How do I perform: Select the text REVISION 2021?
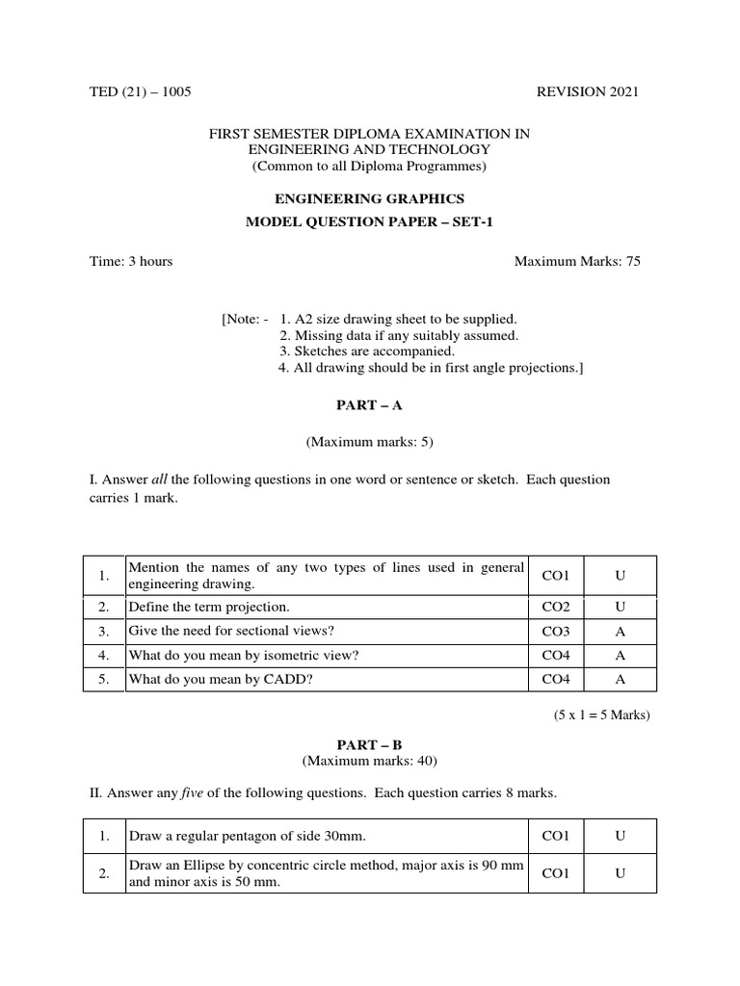[587, 91]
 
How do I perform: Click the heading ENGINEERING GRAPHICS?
[370, 199]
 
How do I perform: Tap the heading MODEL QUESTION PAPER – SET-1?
[370, 222]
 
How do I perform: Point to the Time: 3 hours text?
[131, 261]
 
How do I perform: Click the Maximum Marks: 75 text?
[577, 261]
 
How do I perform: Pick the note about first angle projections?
[432, 368]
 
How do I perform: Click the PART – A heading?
[370, 406]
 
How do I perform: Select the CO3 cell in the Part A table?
[556, 631]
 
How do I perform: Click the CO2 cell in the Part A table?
[556, 607]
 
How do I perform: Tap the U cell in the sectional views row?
[621, 631]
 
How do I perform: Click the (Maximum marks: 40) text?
[370, 761]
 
